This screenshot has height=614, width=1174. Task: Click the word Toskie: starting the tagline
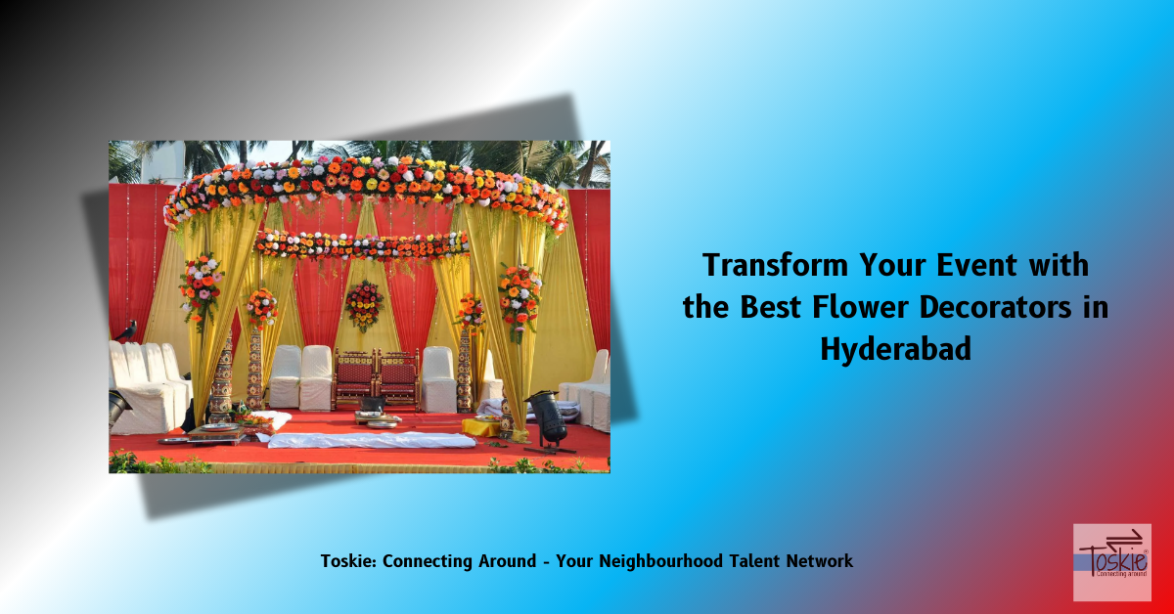[x=349, y=561]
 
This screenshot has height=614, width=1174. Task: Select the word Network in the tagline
[x=819, y=561]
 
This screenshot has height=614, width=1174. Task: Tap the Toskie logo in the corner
[x=1111, y=561]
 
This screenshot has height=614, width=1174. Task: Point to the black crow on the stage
[x=125, y=331]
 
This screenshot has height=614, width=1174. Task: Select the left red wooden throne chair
[x=354, y=376]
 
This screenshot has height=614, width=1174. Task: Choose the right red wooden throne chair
[x=398, y=376]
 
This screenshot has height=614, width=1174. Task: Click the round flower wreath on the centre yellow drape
[x=365, y=305]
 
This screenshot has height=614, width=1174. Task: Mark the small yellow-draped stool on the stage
[x=480, y=426]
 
